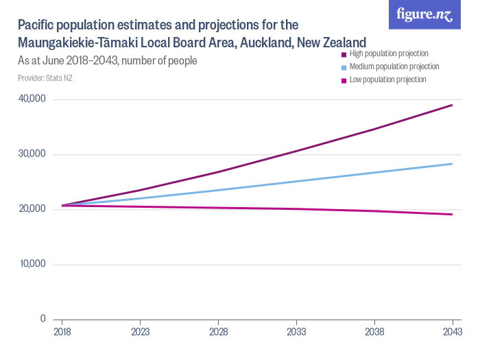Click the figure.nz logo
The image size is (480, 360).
click(x=424, y=14)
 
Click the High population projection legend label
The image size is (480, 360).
click(x=388, y=53)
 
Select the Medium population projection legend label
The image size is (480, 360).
click(x=394, y=67)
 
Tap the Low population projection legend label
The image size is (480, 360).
click(x=387, y=80)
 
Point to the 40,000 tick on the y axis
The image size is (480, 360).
click(x=31, y=99)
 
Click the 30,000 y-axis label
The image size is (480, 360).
click(x=31, y=154)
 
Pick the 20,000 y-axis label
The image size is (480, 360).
click(x=31, y=209)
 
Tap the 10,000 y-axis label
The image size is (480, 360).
click(x=31, y=264)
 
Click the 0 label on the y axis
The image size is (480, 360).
click(x=42, y=319)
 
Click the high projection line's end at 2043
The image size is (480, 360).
click(x=452, y=105)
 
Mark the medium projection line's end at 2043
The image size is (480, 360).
click(x=452, y=164)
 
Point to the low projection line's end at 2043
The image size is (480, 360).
click(x=452, y=215)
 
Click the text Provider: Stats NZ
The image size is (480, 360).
click(x=45, y=78)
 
